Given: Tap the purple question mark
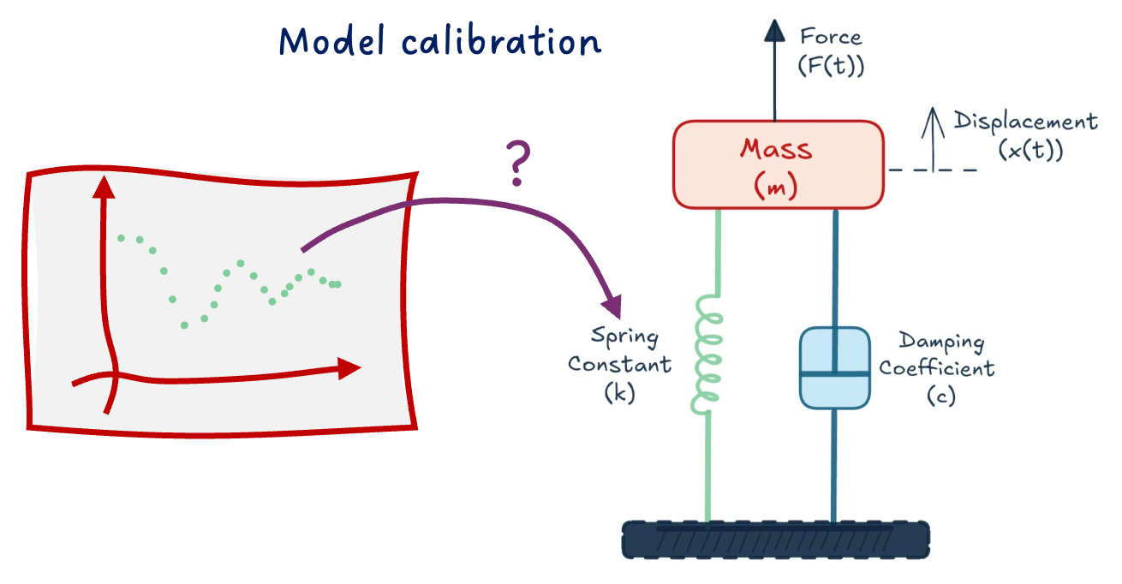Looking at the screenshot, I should pyautogui.click(x=517, y=165).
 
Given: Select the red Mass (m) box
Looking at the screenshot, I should pyautogui.click(x=778, y=165).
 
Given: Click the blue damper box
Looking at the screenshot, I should pyautogui.click(x=835, y=367).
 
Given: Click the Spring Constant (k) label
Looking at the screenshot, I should pyautogui.click(x=619, y=364).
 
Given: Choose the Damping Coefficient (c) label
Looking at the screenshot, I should pyautogui.click(x=937, y=368).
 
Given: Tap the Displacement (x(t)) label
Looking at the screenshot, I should pyautogui.click(x=1025, y=135).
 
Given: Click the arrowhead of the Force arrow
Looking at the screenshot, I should pyautogui.click(x=775, y=30).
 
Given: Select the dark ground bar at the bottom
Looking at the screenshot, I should pyautogui.click(x=776, y=539).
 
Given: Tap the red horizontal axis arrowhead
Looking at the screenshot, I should pyautogui.click(x=349, y=369).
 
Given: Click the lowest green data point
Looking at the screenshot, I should pyautogui.click(x=184, y=325).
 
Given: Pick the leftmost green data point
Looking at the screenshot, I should pyautogui.click(x=122, y=237).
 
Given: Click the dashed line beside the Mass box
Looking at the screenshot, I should pyautogui.click(x=933, y=170).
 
